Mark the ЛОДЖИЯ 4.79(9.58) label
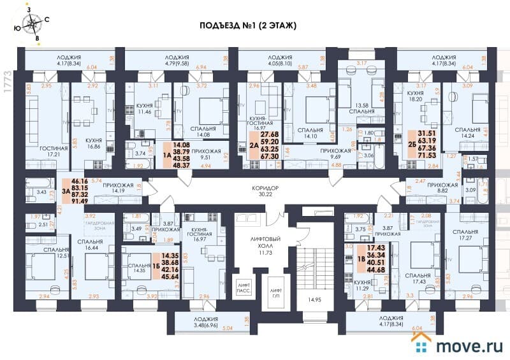click(x=175, y=60)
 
